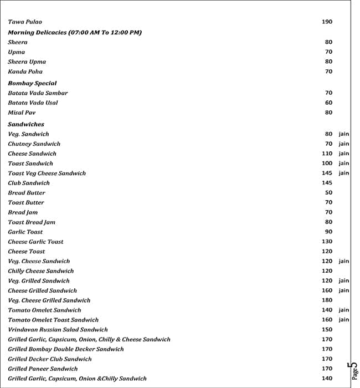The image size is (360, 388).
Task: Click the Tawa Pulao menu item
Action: point(25,22)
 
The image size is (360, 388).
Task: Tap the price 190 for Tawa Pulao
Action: point(327,22)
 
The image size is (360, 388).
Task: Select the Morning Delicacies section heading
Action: point(75,33)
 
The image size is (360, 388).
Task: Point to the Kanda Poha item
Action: point(25,72)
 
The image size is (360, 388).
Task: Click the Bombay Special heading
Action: point(32,83)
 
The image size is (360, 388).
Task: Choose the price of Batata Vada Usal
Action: point(328,103)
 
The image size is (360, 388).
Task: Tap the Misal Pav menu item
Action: point(22,113)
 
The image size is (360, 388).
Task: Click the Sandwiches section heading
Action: point(26,124)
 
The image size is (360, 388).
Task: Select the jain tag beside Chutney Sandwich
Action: point(344,144)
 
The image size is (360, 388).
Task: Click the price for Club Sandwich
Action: point(327,183)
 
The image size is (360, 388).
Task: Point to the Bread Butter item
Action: point(27,193)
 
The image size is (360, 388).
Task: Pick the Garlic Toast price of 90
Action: point(328,232)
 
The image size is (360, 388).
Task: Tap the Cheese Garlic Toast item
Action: point(35,242)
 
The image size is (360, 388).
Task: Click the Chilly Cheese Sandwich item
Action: point(40,271)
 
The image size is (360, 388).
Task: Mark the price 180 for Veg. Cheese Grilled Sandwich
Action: point(327,300)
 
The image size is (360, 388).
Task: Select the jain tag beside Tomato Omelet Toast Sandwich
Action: point(344,320)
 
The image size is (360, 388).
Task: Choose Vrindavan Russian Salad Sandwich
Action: point(58,330)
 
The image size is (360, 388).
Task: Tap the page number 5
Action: point(353,366)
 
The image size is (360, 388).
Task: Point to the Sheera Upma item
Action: point(27,62)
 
